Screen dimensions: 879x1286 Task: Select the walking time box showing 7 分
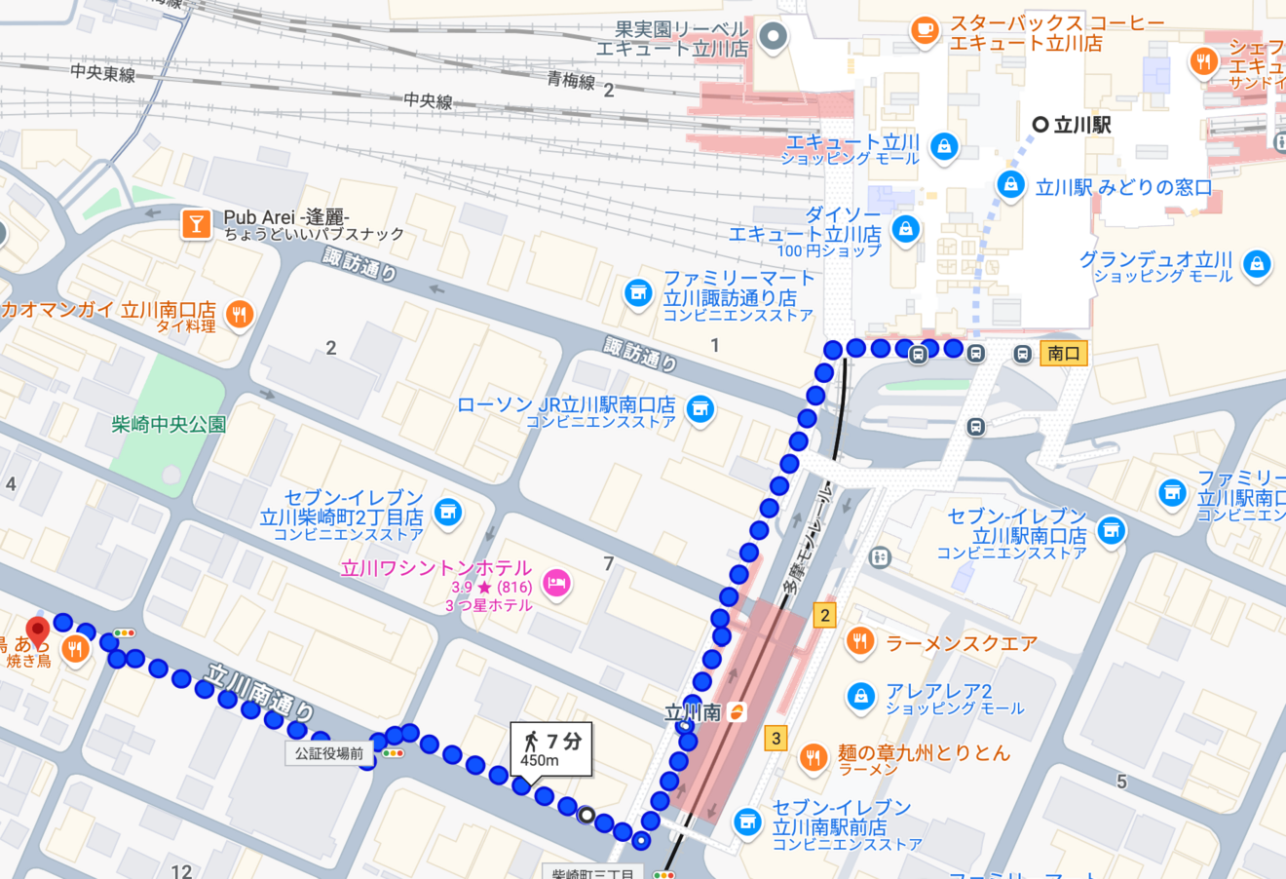coord(551,748)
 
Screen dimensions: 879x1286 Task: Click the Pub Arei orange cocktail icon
coord(196,224)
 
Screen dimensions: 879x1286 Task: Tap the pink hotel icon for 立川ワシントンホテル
coord(556,584)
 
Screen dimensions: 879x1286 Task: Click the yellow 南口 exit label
coord(1063,354)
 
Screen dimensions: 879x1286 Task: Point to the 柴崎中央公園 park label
coord(169,424)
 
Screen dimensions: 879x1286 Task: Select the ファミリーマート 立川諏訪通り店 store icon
coord(638,292)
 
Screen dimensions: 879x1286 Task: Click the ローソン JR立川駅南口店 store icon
coord(700,409)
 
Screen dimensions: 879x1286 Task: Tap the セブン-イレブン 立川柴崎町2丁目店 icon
coord(447,512)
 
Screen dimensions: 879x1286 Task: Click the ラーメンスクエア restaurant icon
coord(859,641)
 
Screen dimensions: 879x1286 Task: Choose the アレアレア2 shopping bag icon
coord(859,696)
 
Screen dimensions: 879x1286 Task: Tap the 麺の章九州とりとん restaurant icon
coord(813,756)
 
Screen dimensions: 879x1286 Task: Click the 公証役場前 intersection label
coord(329,753)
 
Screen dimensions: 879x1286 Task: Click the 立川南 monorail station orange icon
coord(738,712)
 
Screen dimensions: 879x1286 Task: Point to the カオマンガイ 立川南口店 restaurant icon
coord(239,314)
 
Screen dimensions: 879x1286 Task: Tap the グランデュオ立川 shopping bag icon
coord(1257,263)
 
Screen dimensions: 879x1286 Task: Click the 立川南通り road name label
coord(259,692)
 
